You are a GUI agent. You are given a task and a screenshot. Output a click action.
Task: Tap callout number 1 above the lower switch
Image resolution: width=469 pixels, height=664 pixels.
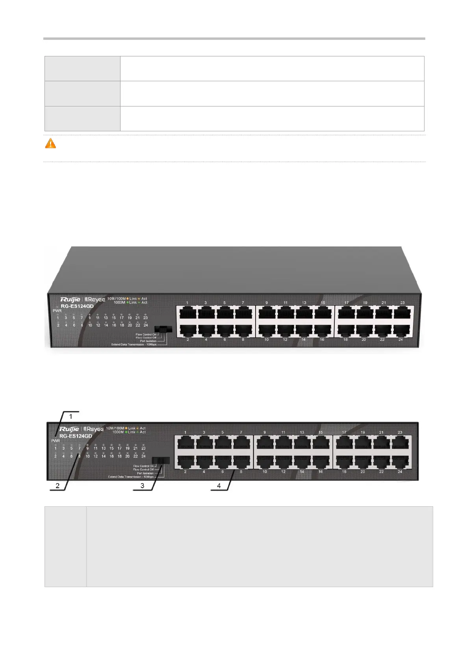[71, 416]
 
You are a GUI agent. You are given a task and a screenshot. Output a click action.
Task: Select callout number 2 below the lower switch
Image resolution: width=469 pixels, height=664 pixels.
[57, 486]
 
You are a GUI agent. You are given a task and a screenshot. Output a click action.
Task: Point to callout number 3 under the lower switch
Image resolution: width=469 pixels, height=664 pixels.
[143, 486]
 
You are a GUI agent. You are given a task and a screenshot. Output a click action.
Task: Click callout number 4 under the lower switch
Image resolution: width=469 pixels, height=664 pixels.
[219, 486]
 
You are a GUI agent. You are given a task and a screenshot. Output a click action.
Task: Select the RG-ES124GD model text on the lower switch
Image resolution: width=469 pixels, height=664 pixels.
[76, 436]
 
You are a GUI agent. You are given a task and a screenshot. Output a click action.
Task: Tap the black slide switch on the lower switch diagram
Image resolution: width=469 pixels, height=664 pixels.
[161, 460]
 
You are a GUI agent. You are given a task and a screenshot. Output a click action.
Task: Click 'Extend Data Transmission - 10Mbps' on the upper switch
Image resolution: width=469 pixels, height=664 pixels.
[134, 345]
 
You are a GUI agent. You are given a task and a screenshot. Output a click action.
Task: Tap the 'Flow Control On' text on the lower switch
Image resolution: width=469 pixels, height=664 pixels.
[143, 466]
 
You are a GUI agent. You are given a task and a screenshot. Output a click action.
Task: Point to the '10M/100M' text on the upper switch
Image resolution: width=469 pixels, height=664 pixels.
[116, 298]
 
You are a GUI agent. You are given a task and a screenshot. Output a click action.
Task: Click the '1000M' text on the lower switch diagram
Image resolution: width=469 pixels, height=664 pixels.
[118, 432]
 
